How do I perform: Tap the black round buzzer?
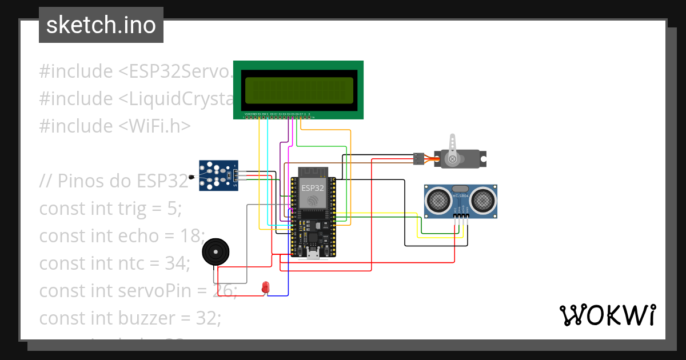(x=216, y=252)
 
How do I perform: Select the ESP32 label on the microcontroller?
(x=312, y=187)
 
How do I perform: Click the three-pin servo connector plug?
(x=419, y=158)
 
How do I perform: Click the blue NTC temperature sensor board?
(x=218, y=176)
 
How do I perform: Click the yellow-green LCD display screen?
(x=299, y=90)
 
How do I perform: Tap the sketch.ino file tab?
(x=101, y=25)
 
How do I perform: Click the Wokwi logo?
(x=607, y=315)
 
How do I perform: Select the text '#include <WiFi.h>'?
(x=114, y=126)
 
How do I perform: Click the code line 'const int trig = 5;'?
(x=110, y=209)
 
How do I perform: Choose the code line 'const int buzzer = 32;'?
(x=130, y=318)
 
